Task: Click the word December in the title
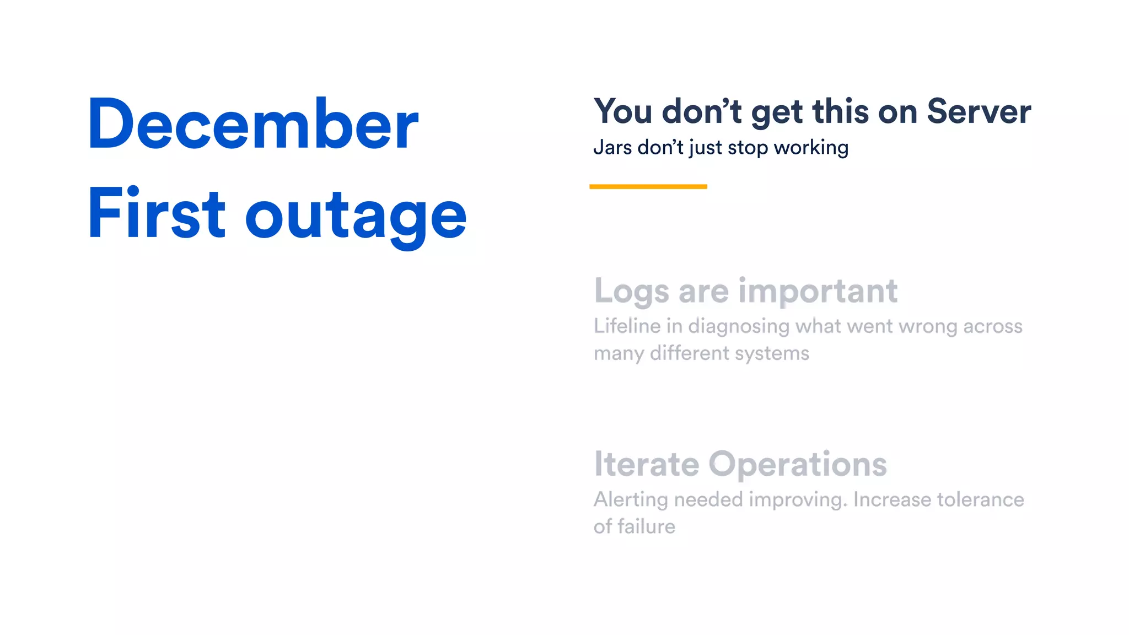(x=253, y=124)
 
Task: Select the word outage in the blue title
(x=356, y=216)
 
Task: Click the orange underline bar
(x=648, y=187)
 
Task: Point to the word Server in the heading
(x=979, y=111)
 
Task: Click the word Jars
(x=612, y=148)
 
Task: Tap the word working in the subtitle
(x=811, y=148)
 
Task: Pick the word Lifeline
(x=627, y=326)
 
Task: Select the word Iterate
(x=647, y=464)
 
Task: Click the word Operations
(x=798, y=464)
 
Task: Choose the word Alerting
(x=631, y=500)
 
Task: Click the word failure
(x=646, y=526)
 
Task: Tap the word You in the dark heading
(x=623, y=111)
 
